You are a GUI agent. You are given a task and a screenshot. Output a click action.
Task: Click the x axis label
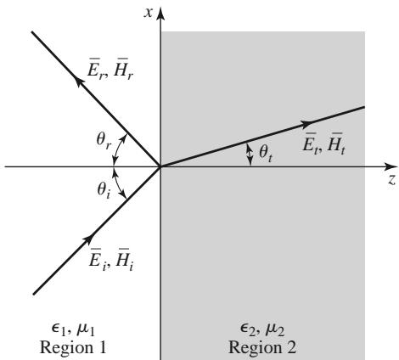[148, 13]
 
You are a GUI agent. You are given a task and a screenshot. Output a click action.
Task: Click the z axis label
[391, 180]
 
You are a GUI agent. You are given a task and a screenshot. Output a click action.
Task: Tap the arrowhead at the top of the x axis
[160, 14]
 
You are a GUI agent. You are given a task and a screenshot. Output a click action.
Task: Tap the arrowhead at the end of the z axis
[391, 166]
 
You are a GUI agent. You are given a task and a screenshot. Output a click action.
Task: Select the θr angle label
[104, 141]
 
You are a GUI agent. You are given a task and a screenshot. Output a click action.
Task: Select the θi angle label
[104, 190]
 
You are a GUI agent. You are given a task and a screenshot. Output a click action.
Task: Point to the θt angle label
[266, 154]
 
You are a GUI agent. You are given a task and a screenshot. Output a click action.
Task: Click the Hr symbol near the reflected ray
[123, 70]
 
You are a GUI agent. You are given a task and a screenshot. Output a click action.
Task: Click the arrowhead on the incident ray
[88, 239]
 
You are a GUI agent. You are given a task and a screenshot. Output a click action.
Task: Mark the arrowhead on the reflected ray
[80, 82]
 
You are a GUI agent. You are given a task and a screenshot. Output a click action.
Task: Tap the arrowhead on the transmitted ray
[306, 123]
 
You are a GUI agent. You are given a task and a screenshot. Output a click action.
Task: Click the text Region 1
[73, 347]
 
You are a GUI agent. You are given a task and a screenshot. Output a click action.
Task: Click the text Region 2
[262, 347]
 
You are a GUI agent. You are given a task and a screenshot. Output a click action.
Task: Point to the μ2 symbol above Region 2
[275, 330]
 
